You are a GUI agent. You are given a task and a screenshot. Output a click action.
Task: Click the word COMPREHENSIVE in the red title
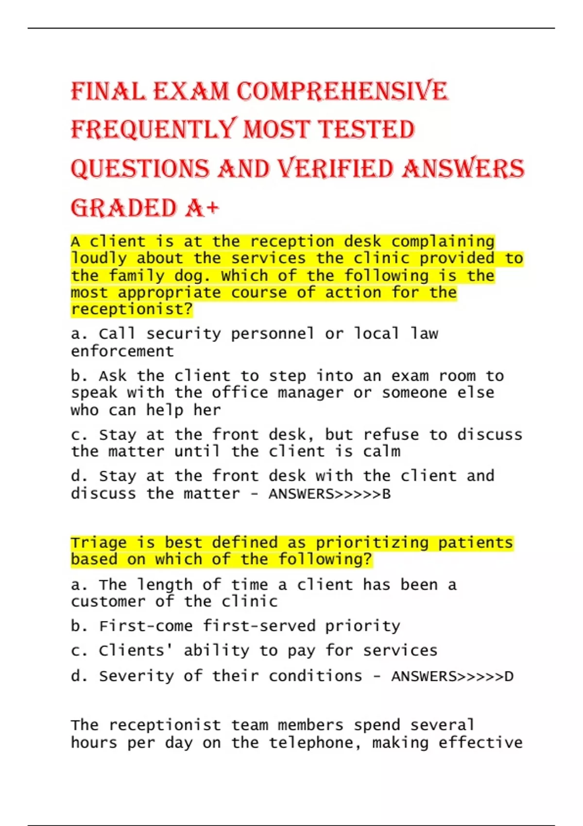342,91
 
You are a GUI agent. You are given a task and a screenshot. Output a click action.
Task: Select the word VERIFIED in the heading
335,169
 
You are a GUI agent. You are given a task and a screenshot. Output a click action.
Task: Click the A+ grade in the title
202,208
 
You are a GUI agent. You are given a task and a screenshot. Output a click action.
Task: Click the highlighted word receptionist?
132,310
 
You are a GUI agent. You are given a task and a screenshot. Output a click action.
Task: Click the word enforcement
122,351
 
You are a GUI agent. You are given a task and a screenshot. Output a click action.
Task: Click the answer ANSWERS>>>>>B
329,494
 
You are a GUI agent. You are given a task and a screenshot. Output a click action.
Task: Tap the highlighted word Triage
99,542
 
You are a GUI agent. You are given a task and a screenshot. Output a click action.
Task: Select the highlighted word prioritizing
372,542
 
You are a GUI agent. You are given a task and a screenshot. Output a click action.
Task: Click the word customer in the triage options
108,602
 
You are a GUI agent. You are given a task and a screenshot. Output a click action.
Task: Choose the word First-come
146,626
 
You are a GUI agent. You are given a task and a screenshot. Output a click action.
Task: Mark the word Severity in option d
136,676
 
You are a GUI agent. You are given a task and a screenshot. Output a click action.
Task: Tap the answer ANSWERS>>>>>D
452,676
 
